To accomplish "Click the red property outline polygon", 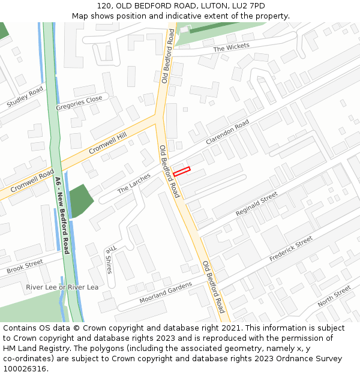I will point(181,172).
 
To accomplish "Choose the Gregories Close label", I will point(79,103).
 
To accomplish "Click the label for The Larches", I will point(134,182).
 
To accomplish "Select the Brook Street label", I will point(25,266).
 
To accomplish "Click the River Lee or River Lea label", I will point(62,287).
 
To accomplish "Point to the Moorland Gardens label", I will point(166,292).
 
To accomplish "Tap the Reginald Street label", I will point(257,204).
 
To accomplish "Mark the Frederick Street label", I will point(291,248).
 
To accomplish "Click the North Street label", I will point(334,296).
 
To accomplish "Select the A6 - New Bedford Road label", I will point(62,215).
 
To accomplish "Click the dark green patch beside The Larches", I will point(80,199).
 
